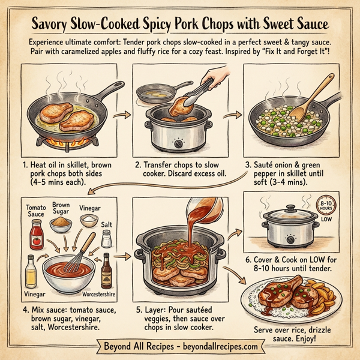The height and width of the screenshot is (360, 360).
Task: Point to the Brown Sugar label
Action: [x=61, y=208]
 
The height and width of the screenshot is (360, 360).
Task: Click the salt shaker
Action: [x=106, y=238]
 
